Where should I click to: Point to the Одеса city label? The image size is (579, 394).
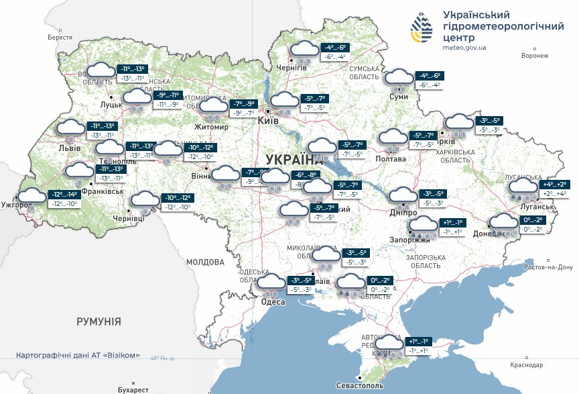(x=273, y=302)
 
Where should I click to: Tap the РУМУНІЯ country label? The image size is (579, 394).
(x=99, y=322)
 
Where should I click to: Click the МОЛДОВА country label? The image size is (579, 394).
(x=205, y=262)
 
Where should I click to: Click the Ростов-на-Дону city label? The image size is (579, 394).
(x=549, y=267)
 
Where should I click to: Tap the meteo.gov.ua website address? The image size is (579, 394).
(x=464, y=48)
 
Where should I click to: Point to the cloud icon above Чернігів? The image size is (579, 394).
(x=304, y=50)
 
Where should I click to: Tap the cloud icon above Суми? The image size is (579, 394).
(x=401, y=78)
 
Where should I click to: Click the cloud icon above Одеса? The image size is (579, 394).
(x=271, y=283)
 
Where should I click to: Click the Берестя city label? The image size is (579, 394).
(x=59, y=38)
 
